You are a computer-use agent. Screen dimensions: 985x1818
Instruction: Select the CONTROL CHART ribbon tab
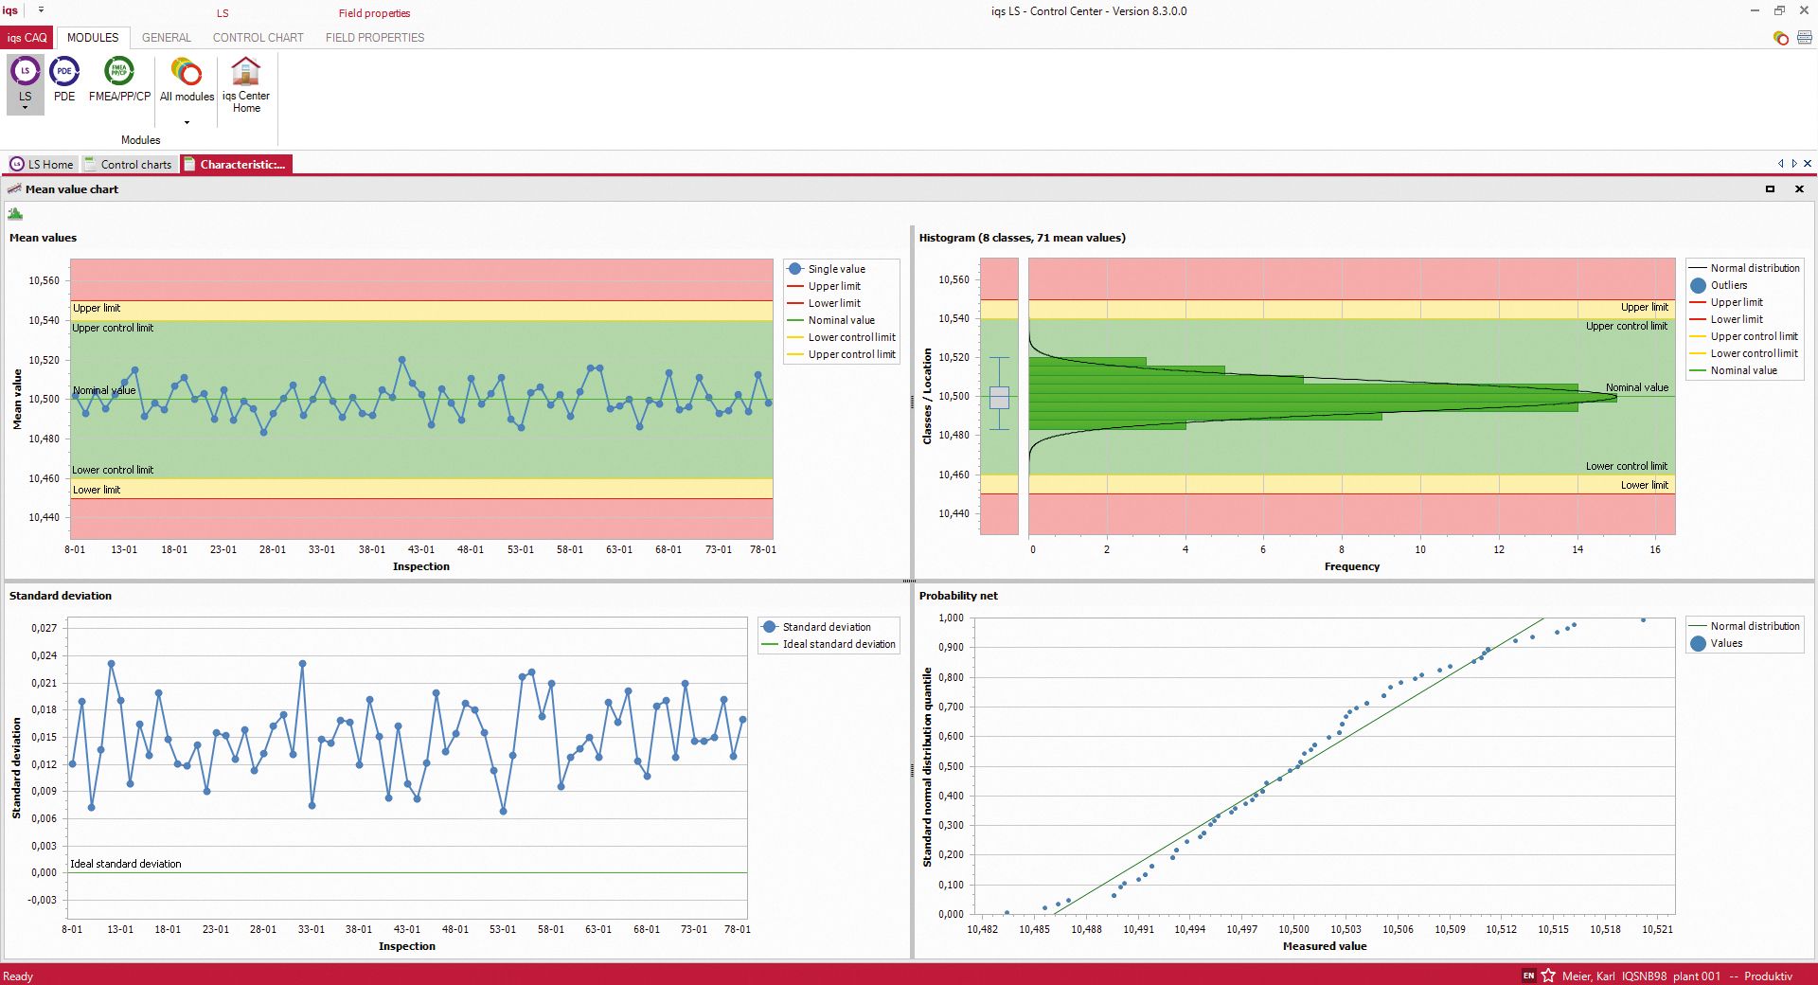pyautogui.click(x=258, y=38)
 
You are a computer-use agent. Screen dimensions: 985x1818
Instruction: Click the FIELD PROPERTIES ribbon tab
pyautogui.click(x=374, y=38)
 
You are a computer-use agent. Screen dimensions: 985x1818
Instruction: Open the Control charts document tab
pyautogui.click(x=129, y=164)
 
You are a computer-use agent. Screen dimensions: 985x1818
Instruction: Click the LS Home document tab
pyautogui.click(x=42, y=164)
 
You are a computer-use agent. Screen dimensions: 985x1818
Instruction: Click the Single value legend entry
pyautogui.click(x=836, y=269)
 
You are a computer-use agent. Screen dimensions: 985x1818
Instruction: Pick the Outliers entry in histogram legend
pyautogui.click(x=1728, y=285)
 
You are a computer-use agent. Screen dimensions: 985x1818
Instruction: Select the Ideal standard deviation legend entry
pyautogui.click(x=838, y=644)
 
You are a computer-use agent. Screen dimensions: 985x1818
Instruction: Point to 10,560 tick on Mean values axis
pyautogui.click(x=44, y=280)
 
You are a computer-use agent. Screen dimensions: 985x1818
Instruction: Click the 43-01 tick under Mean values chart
pyautogui.click(x=421, y=549)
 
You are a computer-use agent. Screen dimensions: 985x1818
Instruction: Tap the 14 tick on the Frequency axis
pyautogui.click(x=1577, y=549)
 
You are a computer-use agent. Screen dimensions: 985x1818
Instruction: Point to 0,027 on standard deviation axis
pyautogui.click(x=44, y=628)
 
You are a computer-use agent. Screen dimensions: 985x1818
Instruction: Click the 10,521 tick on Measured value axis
pyautogui.click(x=1657, y=929)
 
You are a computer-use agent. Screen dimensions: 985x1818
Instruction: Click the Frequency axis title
pyautogui.click(x=1351, y=566)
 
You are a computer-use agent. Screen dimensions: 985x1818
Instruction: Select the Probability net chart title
pyautogui.click(x=957, y=596)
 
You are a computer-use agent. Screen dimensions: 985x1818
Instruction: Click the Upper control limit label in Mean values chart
pyautogui.click(x=113, y=328)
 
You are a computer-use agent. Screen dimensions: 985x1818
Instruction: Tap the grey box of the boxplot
pyautogui.click(x=999, y=397)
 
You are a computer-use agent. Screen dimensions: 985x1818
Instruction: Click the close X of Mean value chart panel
pyautogui.click(x=1799, y=189)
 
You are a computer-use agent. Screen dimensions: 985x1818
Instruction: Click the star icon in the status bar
pyautogui.click(x=1548, y=976)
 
